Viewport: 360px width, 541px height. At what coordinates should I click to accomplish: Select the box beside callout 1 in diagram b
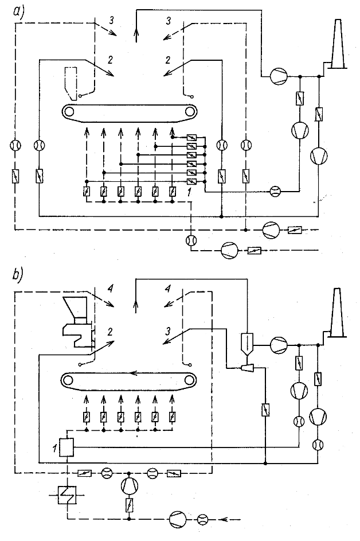pyautogui.click(x=67, y=446)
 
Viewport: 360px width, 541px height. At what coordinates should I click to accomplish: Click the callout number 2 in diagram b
pyautogui.click(x=108, y=331)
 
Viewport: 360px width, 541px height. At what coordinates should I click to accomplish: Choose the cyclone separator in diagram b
pyautogui.click(x=247, y=344)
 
